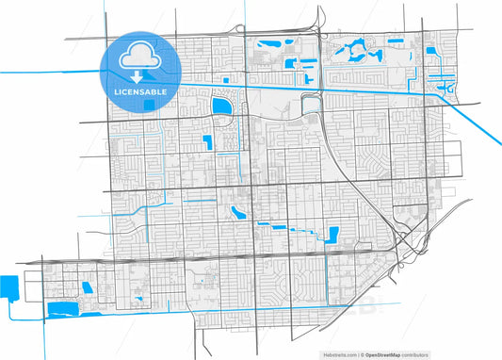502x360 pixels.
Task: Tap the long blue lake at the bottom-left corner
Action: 63,308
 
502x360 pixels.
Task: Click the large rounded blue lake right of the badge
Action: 223,107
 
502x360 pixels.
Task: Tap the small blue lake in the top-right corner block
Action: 431,50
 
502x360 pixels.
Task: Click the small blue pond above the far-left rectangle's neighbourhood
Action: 87,286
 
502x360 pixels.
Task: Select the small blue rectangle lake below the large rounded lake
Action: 207,142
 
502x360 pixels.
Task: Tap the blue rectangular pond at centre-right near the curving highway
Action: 332,234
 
